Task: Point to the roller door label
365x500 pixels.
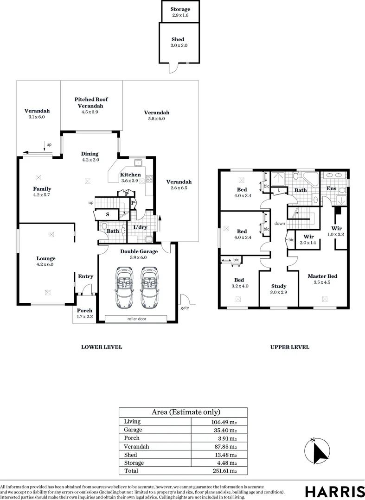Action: (136, 319)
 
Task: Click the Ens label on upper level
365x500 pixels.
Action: (331, 188)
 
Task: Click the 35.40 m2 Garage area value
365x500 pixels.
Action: (224, 430)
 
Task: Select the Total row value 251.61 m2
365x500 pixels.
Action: (224, 471)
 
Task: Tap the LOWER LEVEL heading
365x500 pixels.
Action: (102, 347)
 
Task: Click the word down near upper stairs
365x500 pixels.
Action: (280, 223)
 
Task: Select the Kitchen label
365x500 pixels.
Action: (130, 175)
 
